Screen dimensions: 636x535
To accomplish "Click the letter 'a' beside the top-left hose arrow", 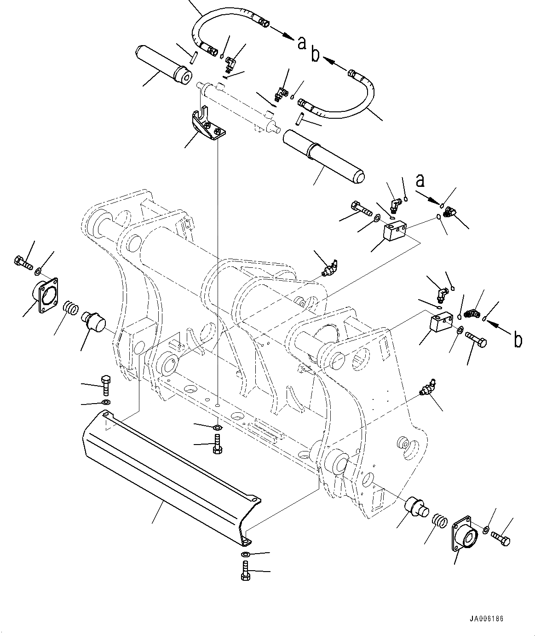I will pos(301,43).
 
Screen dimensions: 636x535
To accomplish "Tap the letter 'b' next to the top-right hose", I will pos(316,55).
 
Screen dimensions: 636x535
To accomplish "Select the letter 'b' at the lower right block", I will pos(518,340).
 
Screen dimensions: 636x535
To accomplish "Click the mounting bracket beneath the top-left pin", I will pos(207,127).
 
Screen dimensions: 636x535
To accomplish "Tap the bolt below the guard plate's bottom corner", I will pos(245,571).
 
